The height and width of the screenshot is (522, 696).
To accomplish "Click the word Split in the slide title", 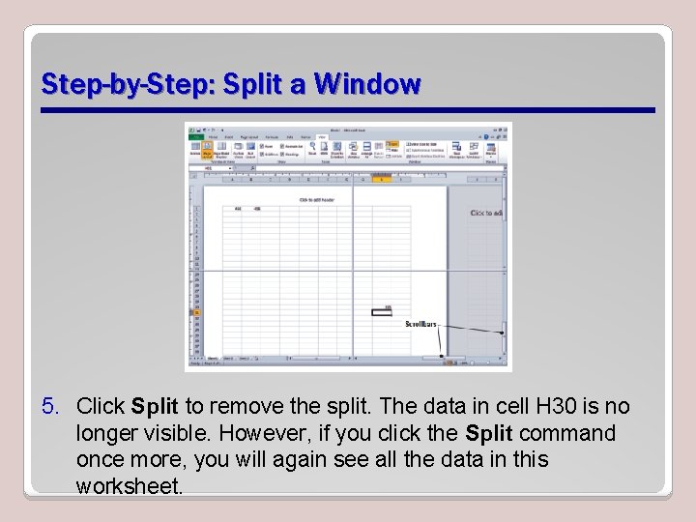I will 252,85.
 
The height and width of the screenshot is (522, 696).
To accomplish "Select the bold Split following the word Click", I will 155,406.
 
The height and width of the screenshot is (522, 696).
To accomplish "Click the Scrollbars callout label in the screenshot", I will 420,324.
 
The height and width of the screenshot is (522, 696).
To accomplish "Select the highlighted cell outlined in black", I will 381,311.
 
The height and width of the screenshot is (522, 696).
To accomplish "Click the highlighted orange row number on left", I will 196,312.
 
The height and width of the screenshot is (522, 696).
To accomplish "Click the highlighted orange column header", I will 383,180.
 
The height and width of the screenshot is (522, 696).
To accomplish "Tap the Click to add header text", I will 316,200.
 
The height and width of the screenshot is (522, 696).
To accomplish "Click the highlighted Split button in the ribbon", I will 392,144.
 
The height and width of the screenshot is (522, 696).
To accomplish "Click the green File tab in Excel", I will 195,137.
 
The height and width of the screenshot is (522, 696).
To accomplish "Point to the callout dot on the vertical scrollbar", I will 502,333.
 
